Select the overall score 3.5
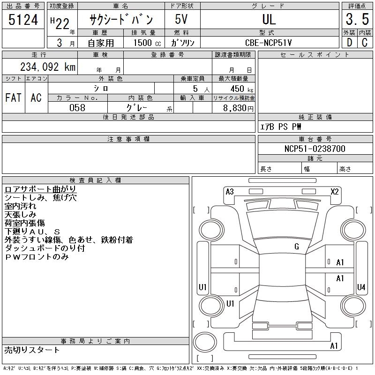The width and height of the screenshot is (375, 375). pos(356,19)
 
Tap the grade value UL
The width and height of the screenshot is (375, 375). pos(269,19)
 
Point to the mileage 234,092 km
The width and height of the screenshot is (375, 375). pos(47,67)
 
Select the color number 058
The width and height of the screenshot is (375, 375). pos(77,107)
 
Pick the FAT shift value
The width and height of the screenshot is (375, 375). pos(13,97)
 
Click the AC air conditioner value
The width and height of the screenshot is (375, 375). pos(36,97)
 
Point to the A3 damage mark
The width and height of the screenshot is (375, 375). pos(230,192)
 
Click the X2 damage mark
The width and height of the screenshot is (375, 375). pos(334,192)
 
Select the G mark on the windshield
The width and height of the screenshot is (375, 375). pos(296,247)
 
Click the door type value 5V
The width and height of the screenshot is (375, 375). pos(182,19)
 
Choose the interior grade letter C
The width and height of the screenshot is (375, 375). pos(364,43)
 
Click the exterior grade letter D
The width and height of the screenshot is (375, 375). pos(349,43)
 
